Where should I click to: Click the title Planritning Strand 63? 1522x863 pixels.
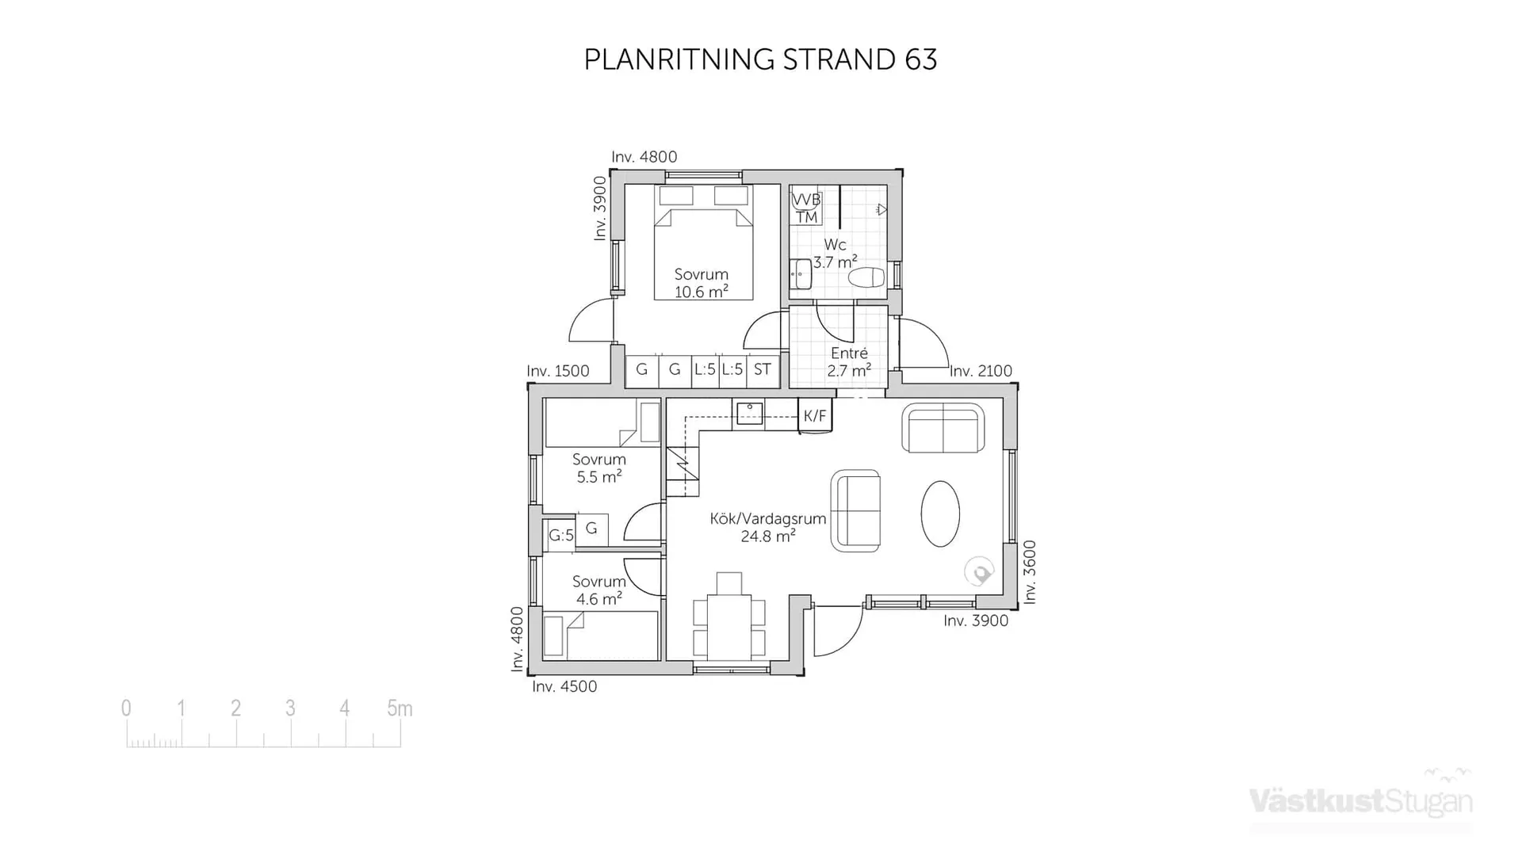760,60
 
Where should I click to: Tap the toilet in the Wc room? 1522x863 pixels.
866,277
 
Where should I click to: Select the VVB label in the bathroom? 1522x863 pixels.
806,200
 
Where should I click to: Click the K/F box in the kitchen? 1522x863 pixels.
815,416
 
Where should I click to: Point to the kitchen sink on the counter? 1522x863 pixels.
749,414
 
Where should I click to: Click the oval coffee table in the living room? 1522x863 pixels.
940,514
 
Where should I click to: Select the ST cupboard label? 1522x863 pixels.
763,369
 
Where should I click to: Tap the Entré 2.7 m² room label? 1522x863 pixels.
849,362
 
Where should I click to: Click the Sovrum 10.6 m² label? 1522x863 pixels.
701,283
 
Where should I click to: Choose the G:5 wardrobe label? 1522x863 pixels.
560,536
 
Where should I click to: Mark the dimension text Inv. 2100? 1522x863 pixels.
981,371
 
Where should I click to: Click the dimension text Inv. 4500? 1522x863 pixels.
564,687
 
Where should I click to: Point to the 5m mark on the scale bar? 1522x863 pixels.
400,708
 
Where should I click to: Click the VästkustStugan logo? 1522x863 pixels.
1361,800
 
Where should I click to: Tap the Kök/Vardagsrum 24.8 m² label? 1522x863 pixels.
767,527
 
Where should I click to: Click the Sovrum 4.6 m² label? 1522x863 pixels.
598,590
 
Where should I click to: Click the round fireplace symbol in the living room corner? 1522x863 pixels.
979,572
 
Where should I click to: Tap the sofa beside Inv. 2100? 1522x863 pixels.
943,429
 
